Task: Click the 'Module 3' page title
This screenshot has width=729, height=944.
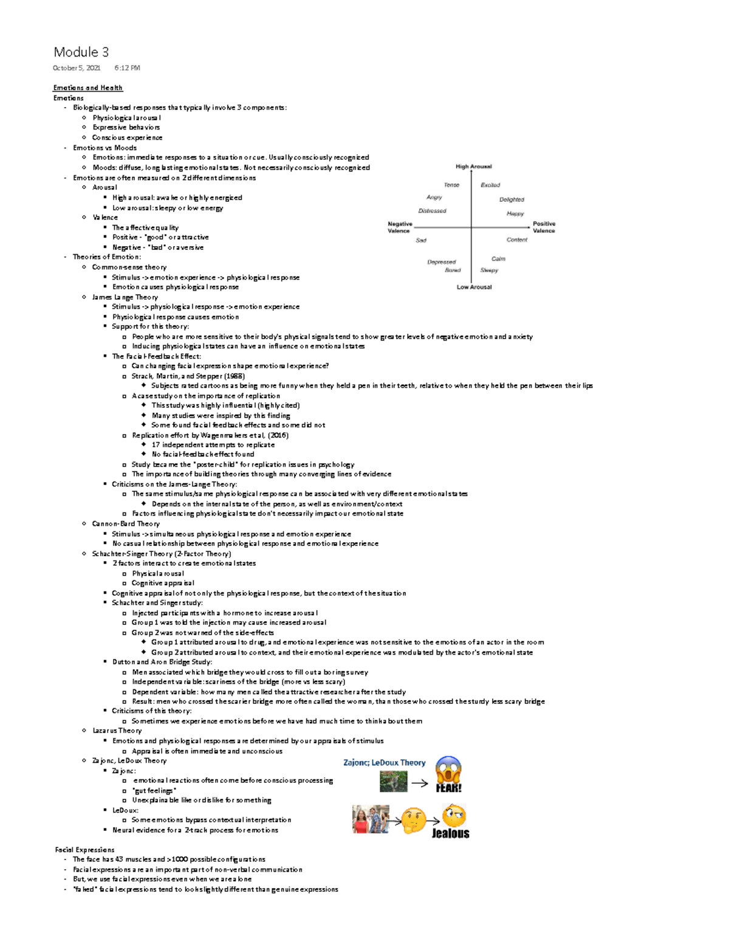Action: click(x=81, y=52)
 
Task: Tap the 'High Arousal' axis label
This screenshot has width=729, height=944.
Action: click(x=473, y=167)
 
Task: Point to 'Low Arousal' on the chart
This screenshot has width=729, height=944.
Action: click(x=474, y=287)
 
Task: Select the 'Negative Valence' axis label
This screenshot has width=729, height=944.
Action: click(x=399, y=227)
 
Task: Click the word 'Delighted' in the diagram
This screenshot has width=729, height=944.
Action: click(x=512, y=199)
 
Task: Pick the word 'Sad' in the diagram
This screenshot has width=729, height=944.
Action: click(x=421, y=241)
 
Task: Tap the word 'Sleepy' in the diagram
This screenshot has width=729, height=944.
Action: click(x=489, y=270)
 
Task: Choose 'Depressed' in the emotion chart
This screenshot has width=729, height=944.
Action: click(x=441, y=262)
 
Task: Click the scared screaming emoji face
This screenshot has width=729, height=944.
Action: click(x=449, y=770)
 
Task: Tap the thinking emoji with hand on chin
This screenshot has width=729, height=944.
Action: click(x=414, y=819)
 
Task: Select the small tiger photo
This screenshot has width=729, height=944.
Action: click(x=393, y=782)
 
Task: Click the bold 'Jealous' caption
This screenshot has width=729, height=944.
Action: click(x=450, y=833)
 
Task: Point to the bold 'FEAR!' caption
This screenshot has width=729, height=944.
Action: click(x=448, y=788)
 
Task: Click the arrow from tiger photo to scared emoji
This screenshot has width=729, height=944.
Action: click(x=420, y=784)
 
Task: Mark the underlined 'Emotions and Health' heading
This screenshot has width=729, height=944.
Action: click(x=87, y=88)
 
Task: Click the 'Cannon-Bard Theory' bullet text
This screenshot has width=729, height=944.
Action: click(x=126, y=524)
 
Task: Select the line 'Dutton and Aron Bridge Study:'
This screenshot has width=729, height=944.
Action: click(x=162, y=662)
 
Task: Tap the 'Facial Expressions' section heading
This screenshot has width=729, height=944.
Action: click(x=84, y=850)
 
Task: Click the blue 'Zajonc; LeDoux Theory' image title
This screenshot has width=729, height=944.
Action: click(x=384, y=763)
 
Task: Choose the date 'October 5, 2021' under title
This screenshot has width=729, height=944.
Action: click(x=77, y=68)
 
